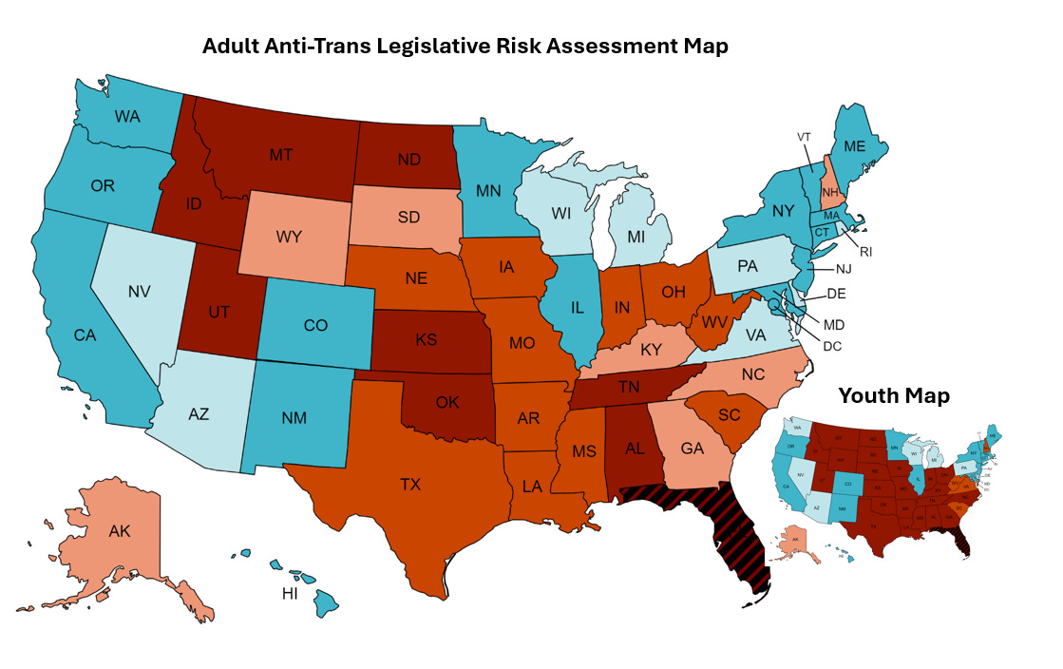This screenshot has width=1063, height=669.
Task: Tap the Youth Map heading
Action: pos(893,395)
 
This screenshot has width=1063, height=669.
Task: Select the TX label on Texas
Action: pos(409,485)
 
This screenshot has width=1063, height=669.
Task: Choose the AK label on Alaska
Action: pos(119,531)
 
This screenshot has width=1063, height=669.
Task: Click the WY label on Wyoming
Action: pos(288,237)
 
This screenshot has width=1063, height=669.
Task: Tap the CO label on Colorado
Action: pos(315,325)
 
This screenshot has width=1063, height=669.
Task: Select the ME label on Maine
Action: pos(856,147)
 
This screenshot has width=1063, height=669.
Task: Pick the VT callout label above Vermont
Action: pos(804,137)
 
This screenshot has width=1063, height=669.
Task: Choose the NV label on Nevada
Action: pos(141,291)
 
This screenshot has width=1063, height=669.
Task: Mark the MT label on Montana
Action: pos(280,153)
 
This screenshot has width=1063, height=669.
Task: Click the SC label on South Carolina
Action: pos(730,415)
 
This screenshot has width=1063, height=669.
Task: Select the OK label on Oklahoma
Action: pos(447,402)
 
